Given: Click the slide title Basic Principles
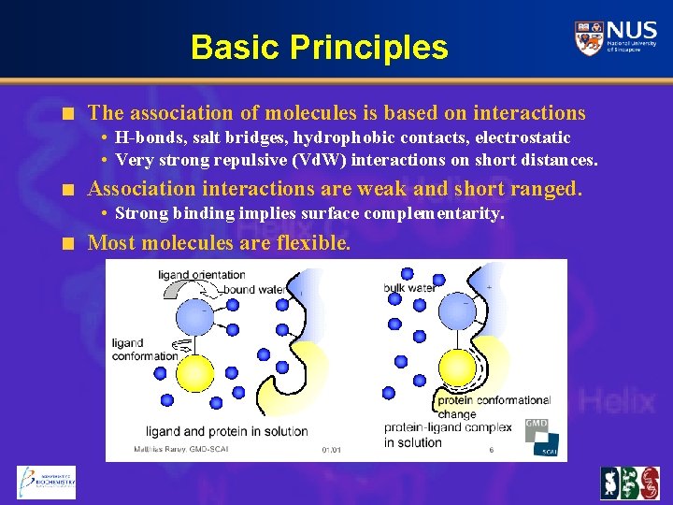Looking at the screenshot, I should tap(319, 47).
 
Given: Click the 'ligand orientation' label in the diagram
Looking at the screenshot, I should tap(201, 275).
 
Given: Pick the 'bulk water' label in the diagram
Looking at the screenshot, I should tap(409, 288).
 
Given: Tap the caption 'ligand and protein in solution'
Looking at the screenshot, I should tap(226, 431).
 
